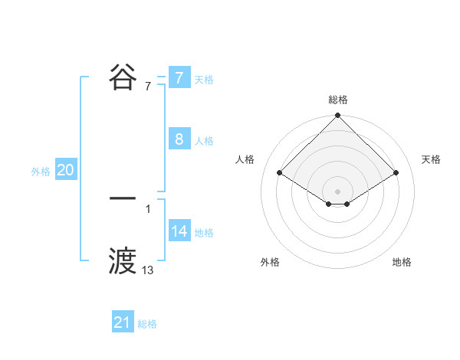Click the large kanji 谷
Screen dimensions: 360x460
pyautogui.click(x=123, y=77)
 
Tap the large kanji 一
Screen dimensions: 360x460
pyautogui.click(x=123, y=198)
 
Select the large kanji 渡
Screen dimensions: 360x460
pyautogui.click(x=123, y=260)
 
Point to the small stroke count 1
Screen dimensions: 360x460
pyautogui.click(x=148, y=208)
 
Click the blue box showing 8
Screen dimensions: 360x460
pyautogui.click(x=179, y=139)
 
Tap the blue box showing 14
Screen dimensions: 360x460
pyautogui.click(x=179, y=231)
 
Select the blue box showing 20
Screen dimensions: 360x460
pyautogui.click(x=65, y=170)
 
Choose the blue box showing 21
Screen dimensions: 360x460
pyautogui.click(x=122, y=322)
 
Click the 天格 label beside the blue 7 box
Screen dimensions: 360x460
pyautogui.click(x=204, y=80)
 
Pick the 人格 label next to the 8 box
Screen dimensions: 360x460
pyautogui.click(x=204, y=141)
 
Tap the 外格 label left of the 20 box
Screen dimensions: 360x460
pyautogui.click(x=41, y=172)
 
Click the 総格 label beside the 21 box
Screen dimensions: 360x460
pyautogui.click(x=147, y=325)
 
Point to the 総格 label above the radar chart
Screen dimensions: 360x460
pyautogui.click(x=338, y=100)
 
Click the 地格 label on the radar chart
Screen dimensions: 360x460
pyautogui.click(x=402, y=262)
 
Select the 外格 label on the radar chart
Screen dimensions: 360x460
pyautogui.click(x=270, y=262)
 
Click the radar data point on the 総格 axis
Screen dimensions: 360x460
pyautogui.click(x=338, y=116)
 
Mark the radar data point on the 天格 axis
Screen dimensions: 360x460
pyautogui.click(x=396, y=173)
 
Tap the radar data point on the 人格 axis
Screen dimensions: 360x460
pyautogui.click(x=280, y=173)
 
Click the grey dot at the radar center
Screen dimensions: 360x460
pyautogui.click(x=338, y=191)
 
